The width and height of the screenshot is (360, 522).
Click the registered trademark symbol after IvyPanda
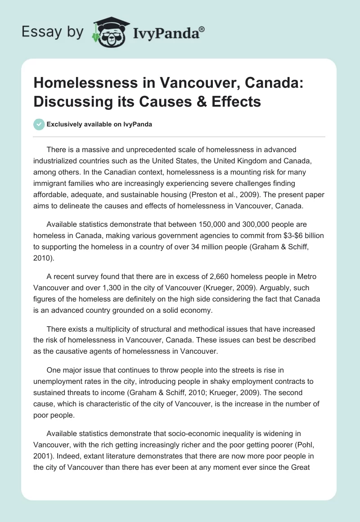pyautogui.click(x=202, y=29)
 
